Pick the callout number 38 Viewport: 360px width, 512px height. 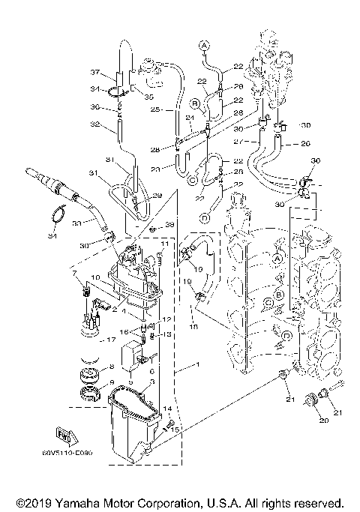coord(169,226)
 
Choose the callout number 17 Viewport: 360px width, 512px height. coord(111,340)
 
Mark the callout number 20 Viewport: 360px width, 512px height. coord(325,421)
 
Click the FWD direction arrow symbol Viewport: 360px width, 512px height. coord(63,433)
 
